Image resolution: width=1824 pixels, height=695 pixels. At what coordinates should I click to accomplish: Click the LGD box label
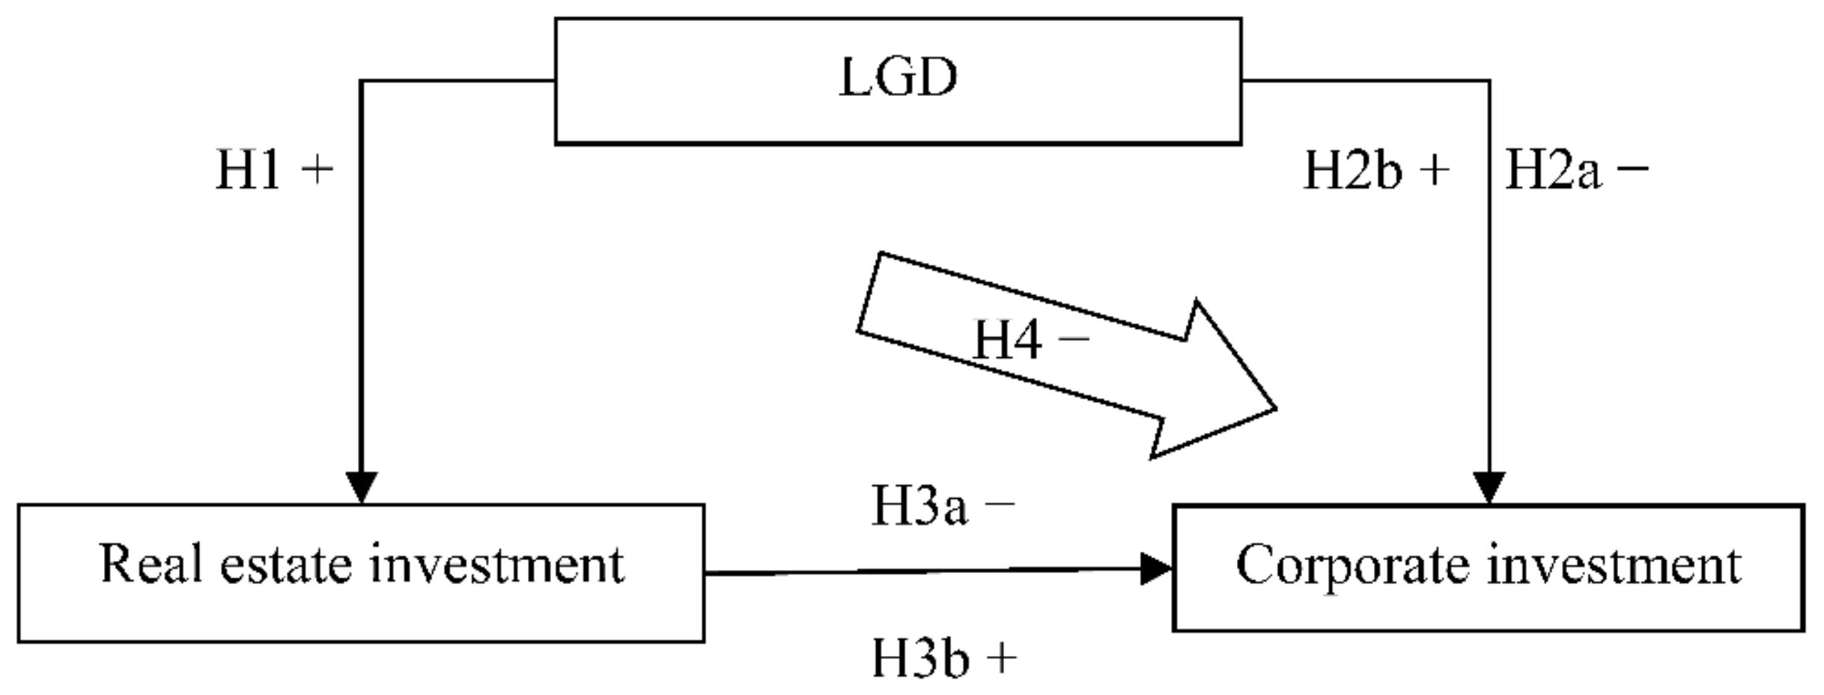897,78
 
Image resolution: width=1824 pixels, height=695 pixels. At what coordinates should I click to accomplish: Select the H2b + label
1376,171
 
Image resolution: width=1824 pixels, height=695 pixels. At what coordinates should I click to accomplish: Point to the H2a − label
1575,171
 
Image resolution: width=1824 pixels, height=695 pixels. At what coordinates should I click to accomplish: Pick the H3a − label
943,507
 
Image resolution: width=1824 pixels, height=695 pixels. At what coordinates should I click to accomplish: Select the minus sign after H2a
1632,169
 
